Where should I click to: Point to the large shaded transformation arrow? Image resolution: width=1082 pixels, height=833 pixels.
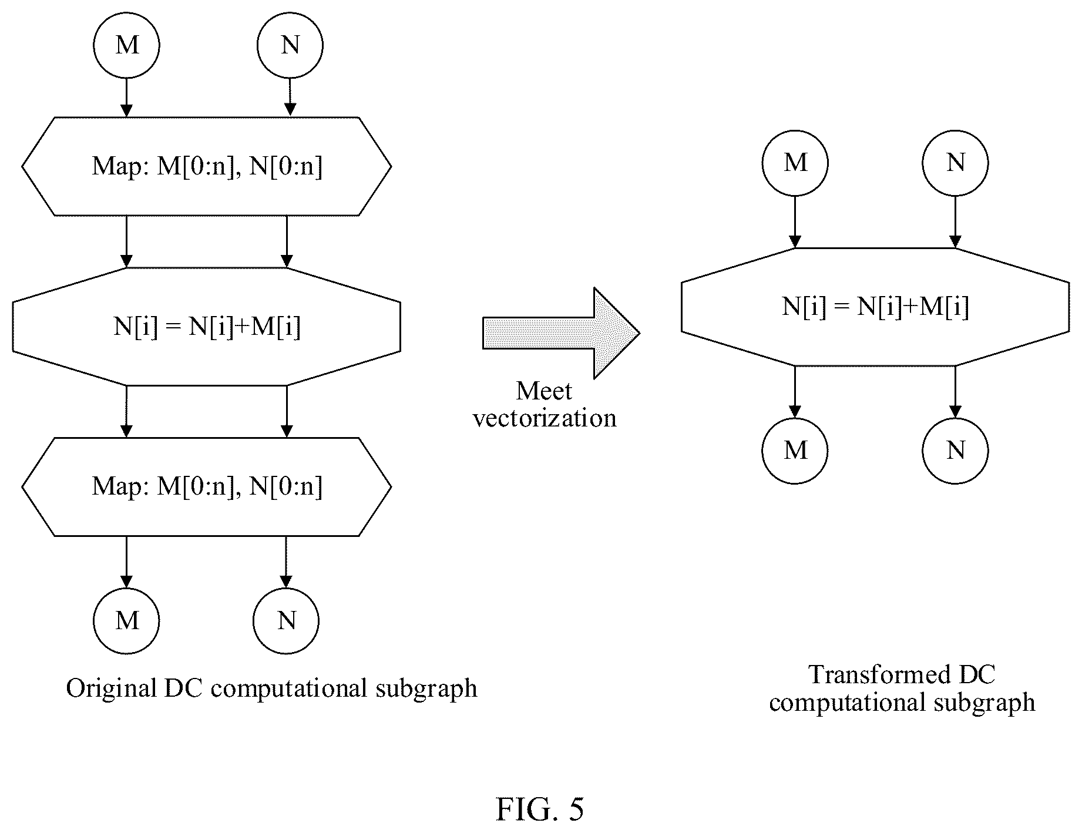561,333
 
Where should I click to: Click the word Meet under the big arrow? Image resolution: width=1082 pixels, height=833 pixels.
544,391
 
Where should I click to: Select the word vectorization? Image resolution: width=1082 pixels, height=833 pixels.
545,418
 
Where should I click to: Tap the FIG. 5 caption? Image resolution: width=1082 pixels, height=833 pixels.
540,809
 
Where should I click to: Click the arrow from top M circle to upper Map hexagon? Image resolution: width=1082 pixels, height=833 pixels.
126,98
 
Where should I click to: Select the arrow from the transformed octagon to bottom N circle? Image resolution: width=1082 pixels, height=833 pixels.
955,392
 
